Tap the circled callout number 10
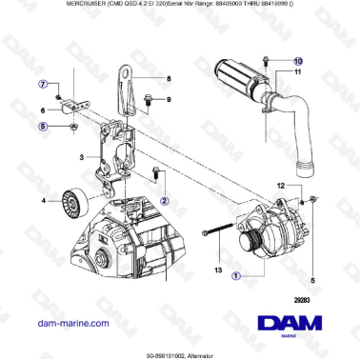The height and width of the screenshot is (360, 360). pos(270,59)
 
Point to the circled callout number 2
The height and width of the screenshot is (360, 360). pos(164,201)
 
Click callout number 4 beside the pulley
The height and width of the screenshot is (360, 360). pos(44,200)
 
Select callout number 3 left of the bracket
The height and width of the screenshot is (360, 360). pos(82,157)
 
